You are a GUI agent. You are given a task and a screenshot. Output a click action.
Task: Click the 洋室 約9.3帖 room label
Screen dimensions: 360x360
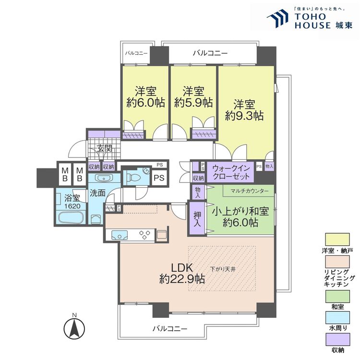pos(245,110)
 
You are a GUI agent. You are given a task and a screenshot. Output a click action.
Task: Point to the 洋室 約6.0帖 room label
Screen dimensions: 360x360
pos(145,96)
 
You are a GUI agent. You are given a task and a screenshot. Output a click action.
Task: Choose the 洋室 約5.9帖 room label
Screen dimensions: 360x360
pos(193,96)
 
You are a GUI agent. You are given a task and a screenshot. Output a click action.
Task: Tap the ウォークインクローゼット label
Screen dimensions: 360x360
pos(231,172)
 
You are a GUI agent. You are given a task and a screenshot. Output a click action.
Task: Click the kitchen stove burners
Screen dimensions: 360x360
pos(145,234)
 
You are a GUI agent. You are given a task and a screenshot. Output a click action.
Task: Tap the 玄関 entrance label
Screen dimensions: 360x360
pos(105,148)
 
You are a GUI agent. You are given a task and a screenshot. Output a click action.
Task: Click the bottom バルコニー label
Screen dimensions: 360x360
pos(170,329)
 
